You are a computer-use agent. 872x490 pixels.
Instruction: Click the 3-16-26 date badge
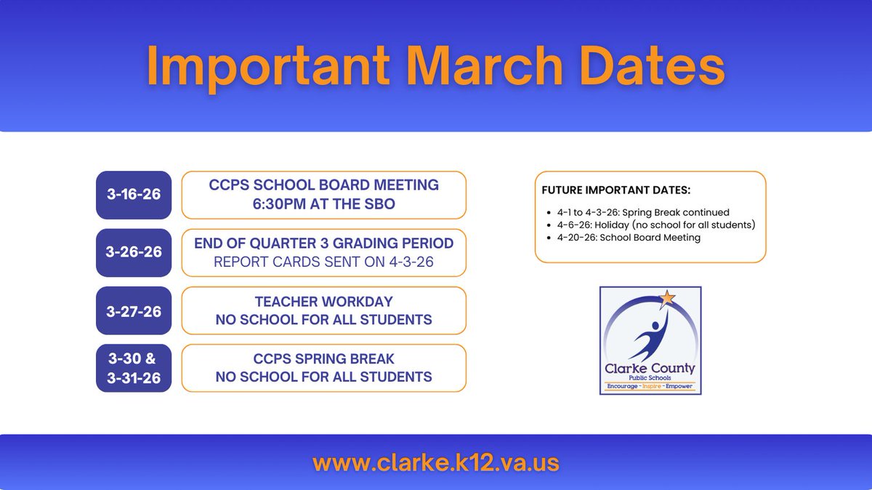[x=134, y=195]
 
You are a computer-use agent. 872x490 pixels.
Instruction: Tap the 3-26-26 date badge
[x=134, y=253]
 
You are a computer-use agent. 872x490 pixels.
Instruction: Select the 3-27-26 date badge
[x=134, y=310]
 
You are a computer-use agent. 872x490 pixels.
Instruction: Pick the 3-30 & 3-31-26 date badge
[x=134, y=368]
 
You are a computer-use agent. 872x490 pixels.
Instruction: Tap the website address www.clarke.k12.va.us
[x=436, y=462]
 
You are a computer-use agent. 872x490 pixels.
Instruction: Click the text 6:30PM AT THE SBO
[x=323, y=204]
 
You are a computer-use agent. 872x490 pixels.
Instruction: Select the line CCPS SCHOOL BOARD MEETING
[x=323, y=185]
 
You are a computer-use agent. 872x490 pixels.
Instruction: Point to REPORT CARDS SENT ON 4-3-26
[x=323, y=262]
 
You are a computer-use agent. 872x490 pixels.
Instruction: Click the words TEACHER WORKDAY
[x=323, y=301]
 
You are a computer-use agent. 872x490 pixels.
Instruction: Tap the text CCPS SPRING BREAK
[x=323, y=358]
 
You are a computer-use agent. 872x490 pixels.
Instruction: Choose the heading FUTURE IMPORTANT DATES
[x=616, y=190]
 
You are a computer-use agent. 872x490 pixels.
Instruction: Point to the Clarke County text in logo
[x=650, y=369]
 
